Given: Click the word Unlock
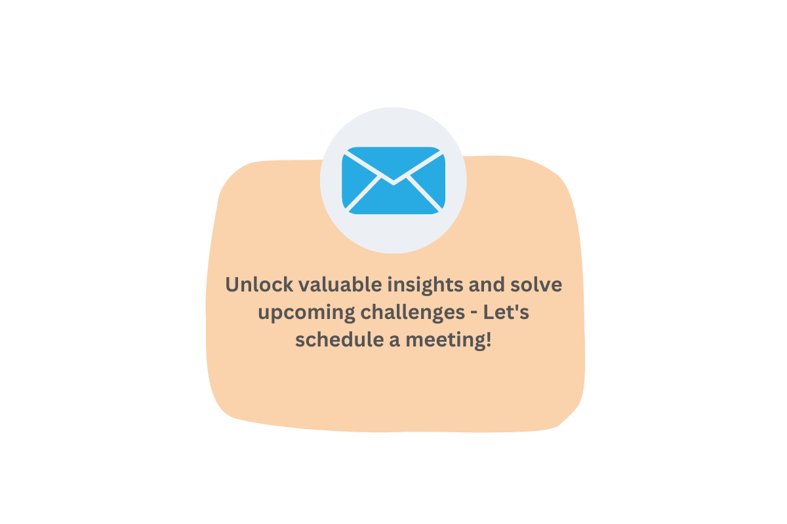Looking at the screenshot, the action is click(259, 284).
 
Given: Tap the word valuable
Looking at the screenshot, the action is click(340, 284).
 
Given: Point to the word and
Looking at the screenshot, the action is click(487, 284).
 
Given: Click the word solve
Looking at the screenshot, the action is click(536, 284).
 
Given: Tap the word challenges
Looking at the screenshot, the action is click(413, 313).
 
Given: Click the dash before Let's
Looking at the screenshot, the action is click(474, 313).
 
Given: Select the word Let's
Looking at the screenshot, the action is click(506, 312).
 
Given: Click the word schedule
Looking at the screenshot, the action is click(340, 340).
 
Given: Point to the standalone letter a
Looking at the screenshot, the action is click(395, 341).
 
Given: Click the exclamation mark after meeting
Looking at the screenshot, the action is click(489, 340).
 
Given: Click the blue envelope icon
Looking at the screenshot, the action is click(393, 180).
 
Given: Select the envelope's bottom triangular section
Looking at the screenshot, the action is click(393, 199).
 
